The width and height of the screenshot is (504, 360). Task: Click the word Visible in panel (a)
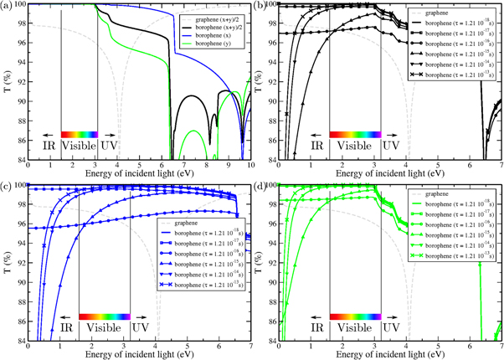(x=79, y=146)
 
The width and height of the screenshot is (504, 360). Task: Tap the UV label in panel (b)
(x=390, y=146)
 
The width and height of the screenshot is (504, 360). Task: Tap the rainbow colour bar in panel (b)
(x=356, y=133)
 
